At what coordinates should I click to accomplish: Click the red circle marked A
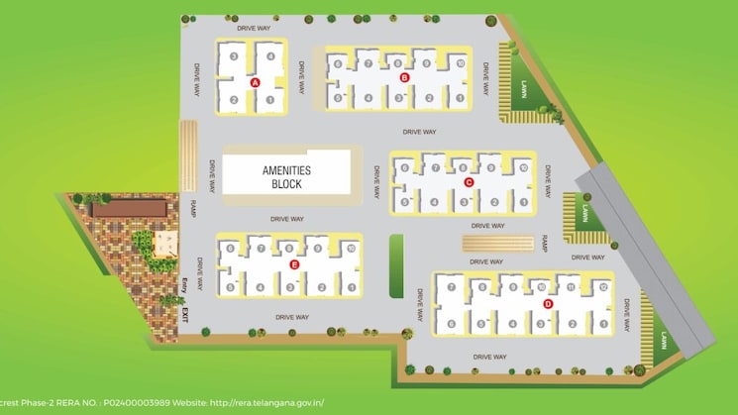click(x=255, y=83)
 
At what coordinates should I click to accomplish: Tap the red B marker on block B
click(x=403, y=76)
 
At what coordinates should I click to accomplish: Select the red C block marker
click(x=469, y=182)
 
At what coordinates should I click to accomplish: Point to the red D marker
click(x=547, y=303)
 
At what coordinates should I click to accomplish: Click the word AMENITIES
click(x=286, y=170)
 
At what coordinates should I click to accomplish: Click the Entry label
click(x=184, y=289)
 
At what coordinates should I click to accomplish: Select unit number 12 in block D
click(x=602, y=286)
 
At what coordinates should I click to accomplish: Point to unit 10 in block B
click(x=460, y=63)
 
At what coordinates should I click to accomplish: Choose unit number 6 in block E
click(x=230, y=248)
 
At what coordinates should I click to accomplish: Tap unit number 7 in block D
click(x=451, y=287)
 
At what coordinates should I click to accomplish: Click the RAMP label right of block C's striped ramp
click(x=545, y=242)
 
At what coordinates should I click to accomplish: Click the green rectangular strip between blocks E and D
click(x=397, y=264)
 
